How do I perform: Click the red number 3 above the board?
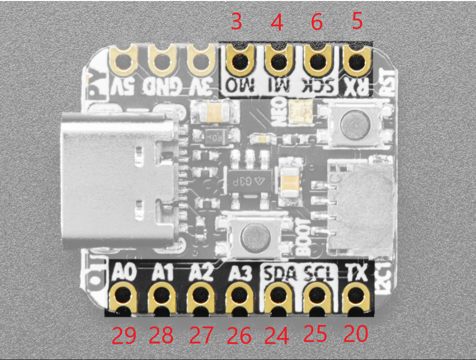237,23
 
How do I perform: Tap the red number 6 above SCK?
316,23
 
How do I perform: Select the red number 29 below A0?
124,336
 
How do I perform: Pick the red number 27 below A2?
201,335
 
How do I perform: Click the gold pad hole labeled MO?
239,62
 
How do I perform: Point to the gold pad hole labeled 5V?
123,62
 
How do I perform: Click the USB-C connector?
118,180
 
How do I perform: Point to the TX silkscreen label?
357,273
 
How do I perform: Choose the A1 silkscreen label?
163,273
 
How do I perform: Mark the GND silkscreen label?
162,85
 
